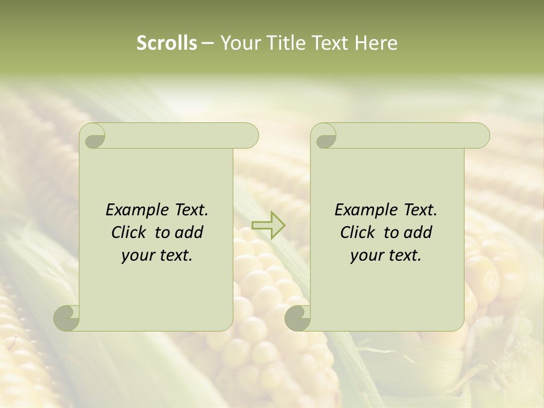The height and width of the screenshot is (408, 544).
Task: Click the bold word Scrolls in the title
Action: [x=167, y=43]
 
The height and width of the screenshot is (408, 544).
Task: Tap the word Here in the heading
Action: [x=376, y=43]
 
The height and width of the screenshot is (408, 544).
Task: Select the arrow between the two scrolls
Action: [x=269, y=225]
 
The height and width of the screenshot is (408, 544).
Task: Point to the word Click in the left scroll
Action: [x=130, y=233]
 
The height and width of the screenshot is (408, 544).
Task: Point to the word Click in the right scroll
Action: [x=359, y=233]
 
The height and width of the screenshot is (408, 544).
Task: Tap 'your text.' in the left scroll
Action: [x=157, y=256]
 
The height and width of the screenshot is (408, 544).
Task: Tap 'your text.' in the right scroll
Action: [x=386, y=256]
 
